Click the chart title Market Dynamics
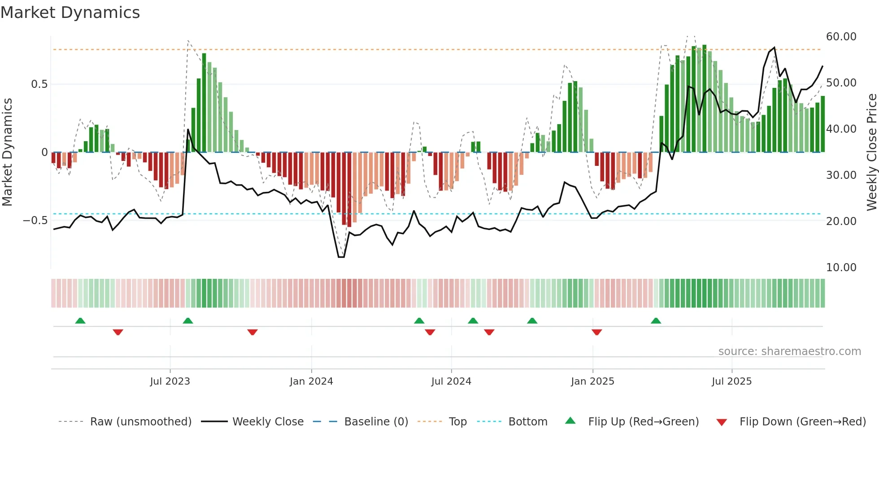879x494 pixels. pyautogui.click(x=70, y=13)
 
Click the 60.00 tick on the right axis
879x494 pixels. pyautogui.click(x=841, y=37)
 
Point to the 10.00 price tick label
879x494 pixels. pyautogui.click(x=841, y=268)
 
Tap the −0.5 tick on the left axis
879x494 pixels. pyautogui.click(x=35, y=221)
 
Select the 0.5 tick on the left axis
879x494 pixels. pyautogui.click(x=39, y=84)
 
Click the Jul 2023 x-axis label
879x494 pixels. pyautogui.click(x=170, y=381)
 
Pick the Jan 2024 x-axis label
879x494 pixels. pyautogui.click(x=311, y=381)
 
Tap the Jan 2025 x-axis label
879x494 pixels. pyautogui.click(x=592, y=381)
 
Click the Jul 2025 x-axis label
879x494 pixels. pyautogui.click(x=731, y=381)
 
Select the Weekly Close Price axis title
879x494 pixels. pyautogui.click(x=871, y=152)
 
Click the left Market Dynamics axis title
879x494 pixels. pyautogui.click(x=7, y=152)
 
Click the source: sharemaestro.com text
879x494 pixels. pyautogui.click(x=789, y=351)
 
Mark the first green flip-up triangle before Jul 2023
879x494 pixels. pyautogui.click(x=80, y=321)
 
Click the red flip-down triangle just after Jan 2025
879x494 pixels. pyautogui.click(x=596, y=332)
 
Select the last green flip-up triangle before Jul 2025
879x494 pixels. pyautogui.click(x=656, y=321)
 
